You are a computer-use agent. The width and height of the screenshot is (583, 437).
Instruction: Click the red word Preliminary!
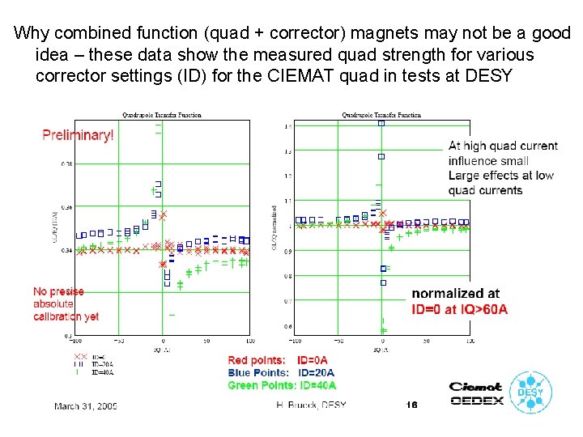[78, 135]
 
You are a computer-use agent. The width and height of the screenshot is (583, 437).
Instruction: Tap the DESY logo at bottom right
[532, 394]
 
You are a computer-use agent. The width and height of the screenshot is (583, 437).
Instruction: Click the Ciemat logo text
[476, 387]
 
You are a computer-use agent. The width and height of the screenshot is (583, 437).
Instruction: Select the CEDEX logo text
[476, 400]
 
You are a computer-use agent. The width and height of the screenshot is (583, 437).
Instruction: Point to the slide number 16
[411, 405]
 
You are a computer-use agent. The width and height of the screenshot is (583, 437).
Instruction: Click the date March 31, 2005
[86, 405]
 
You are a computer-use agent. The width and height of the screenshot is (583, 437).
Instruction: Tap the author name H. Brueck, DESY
[312, 405]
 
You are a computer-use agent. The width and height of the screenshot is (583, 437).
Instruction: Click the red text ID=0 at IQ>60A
[460, 310]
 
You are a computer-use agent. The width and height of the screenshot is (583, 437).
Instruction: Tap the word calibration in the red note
[55, 316]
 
